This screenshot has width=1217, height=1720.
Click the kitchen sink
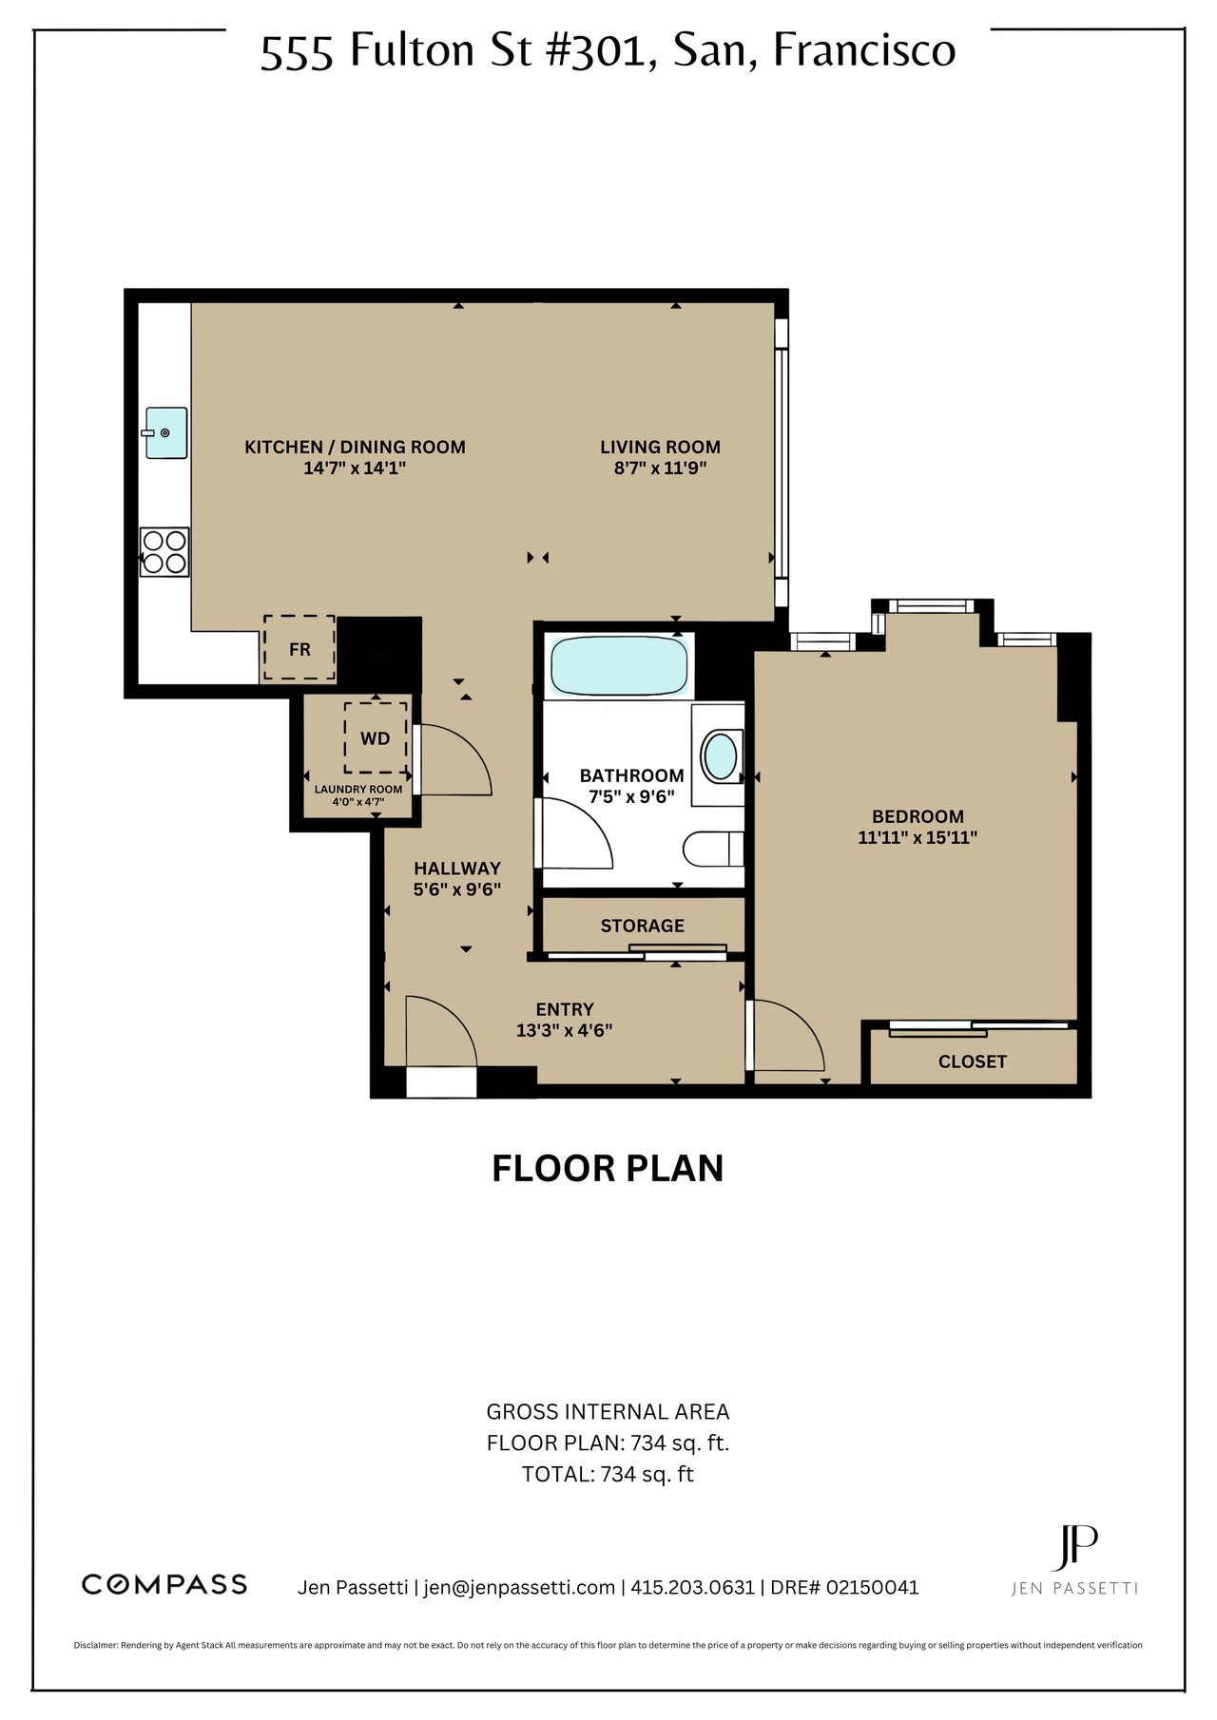[x=165, y=433]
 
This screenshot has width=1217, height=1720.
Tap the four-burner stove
[x=164, y=552]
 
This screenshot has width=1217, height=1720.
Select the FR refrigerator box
[x=299, y=647]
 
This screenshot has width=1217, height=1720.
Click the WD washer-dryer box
[x=376, y=737]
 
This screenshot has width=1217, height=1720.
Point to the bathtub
[x=619, y=665]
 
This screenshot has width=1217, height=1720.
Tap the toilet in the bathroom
[x=713, y=849]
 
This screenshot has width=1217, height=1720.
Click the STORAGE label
[x=642, y=926]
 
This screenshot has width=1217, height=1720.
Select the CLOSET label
[x=972, y=1061]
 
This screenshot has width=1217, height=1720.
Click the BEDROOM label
[x=918, y=816]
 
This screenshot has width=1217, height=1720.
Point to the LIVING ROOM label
[x=660, y=447]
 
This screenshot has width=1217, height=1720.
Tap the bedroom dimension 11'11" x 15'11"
[x=918, y=837]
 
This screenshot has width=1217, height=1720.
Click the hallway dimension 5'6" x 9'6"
[x=457, y=889]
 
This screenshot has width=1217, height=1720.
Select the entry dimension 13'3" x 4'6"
[x=565, y=1030]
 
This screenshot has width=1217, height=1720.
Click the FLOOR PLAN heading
[x=608, y=1168]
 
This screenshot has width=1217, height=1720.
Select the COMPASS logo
[x=164, y=1584]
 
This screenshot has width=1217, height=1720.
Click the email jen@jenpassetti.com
[x=519, y=1587]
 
